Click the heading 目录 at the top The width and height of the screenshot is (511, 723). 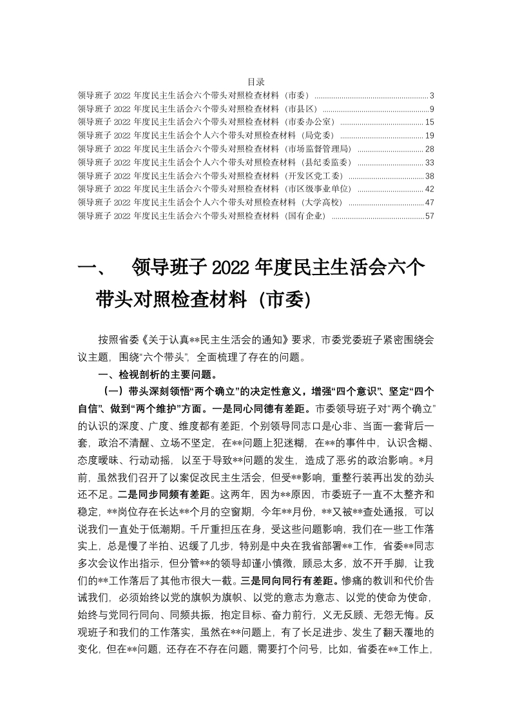pos(256,82)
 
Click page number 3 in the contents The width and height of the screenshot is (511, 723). pos(432,95)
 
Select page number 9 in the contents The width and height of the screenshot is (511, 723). pos(432,108)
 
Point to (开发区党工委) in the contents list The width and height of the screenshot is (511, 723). pos(313,176)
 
